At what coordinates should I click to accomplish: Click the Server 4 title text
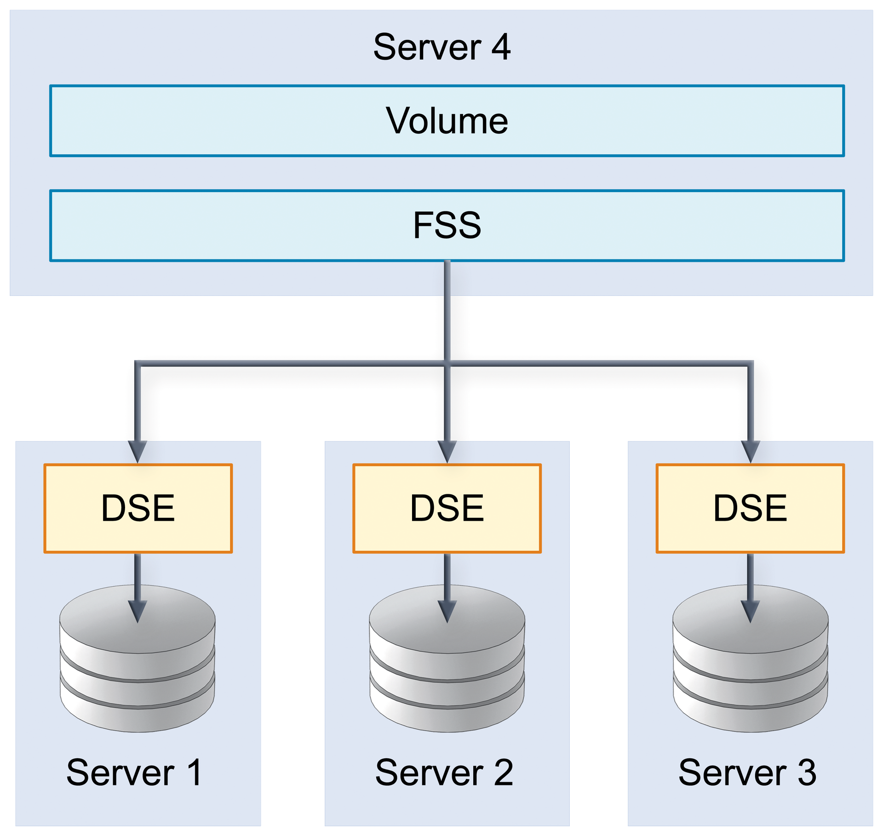tap(441, 47)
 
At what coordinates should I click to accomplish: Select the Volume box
tap(447, 120)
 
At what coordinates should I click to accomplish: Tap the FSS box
tap(447, 225)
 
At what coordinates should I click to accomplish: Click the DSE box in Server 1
tap(138, 508)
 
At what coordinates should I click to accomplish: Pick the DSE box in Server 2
tap(447, 508)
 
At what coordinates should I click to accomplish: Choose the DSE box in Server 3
tap(750, 508)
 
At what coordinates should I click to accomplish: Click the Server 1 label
tap(134, 772)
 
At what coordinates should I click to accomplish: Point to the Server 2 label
tap(444, 772)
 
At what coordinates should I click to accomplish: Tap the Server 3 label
tap(747, 772)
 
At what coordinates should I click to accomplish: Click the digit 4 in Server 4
tap(500, 47)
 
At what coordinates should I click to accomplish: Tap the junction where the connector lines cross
tap(447, 364)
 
